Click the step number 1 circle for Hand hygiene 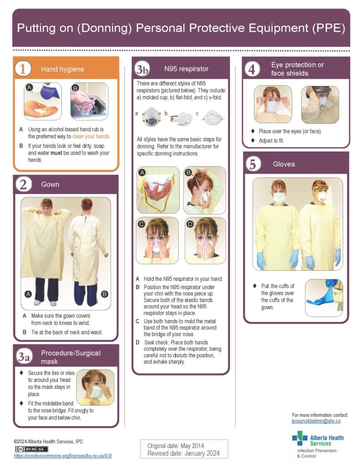[23, 69]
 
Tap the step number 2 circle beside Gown [23, 184]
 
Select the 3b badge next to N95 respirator [142, 69]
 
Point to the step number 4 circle [252, 69]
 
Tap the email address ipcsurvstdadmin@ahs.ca [316, 421]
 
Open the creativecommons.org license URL [63, 456]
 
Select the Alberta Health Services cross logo [299, 438]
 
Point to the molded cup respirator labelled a [151, 116]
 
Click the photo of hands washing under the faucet [89, 101]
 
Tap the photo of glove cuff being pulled [324, 292]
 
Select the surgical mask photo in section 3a [95, 387]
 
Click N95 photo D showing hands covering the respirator [205, 240]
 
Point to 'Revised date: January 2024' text [183, 453]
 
